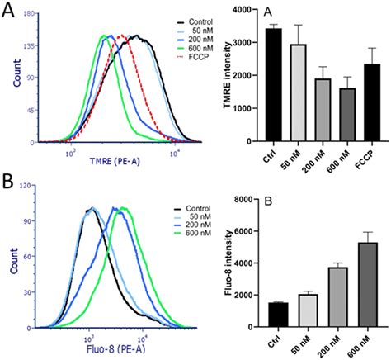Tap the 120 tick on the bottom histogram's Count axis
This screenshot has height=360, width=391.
pyautogui.click(x=28, y=197)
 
